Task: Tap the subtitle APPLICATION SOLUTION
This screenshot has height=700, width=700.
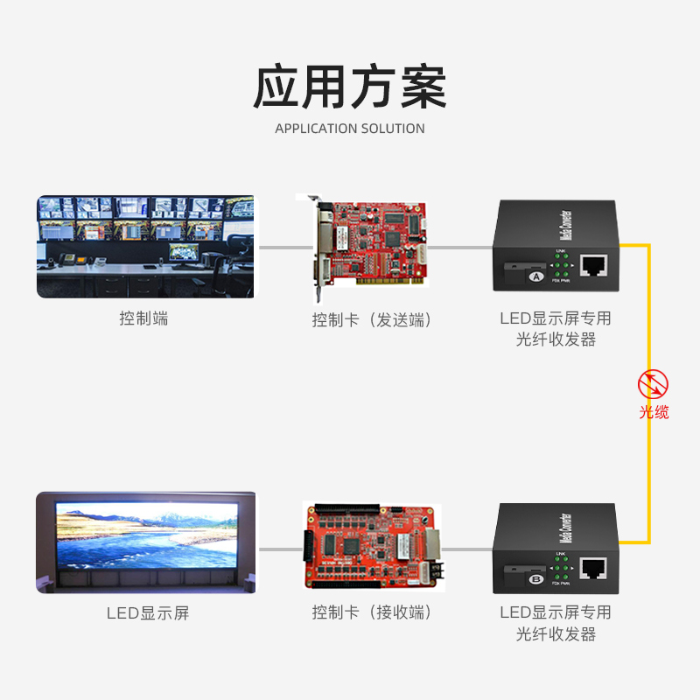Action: [350, 129]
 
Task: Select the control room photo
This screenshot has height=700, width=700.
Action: [145, 246]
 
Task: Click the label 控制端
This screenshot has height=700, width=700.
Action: [143, 318]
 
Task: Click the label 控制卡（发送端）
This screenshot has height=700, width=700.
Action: [373, 319]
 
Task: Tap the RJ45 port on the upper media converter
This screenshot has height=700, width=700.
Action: [594, 265]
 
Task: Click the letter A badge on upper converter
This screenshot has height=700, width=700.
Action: [535, 276]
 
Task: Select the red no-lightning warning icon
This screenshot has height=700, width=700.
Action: [653, 384]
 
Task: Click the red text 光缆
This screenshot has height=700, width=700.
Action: [654, 411]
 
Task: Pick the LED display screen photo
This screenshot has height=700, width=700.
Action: [145, 542]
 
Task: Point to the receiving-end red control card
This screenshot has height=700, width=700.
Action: [373, 544]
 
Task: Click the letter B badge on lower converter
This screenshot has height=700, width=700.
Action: [535, 578]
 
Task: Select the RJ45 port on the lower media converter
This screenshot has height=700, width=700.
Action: [594, 569]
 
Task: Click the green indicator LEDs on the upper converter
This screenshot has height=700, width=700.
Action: [561, 265]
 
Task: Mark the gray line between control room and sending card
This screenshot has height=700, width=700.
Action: [284, 247]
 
